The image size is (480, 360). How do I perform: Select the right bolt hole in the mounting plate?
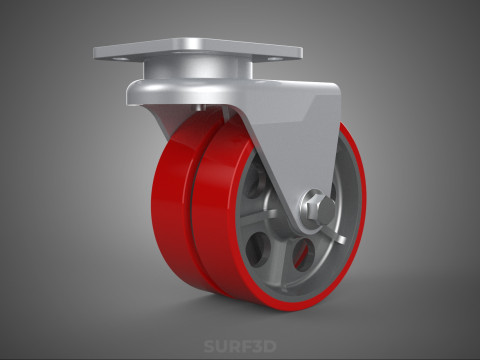tap(274, 59)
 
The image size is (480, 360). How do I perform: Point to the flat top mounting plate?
tap(198, 51)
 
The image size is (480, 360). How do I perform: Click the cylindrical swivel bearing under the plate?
tap(197, 71)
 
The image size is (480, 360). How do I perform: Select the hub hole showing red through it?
tap(303, 254)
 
